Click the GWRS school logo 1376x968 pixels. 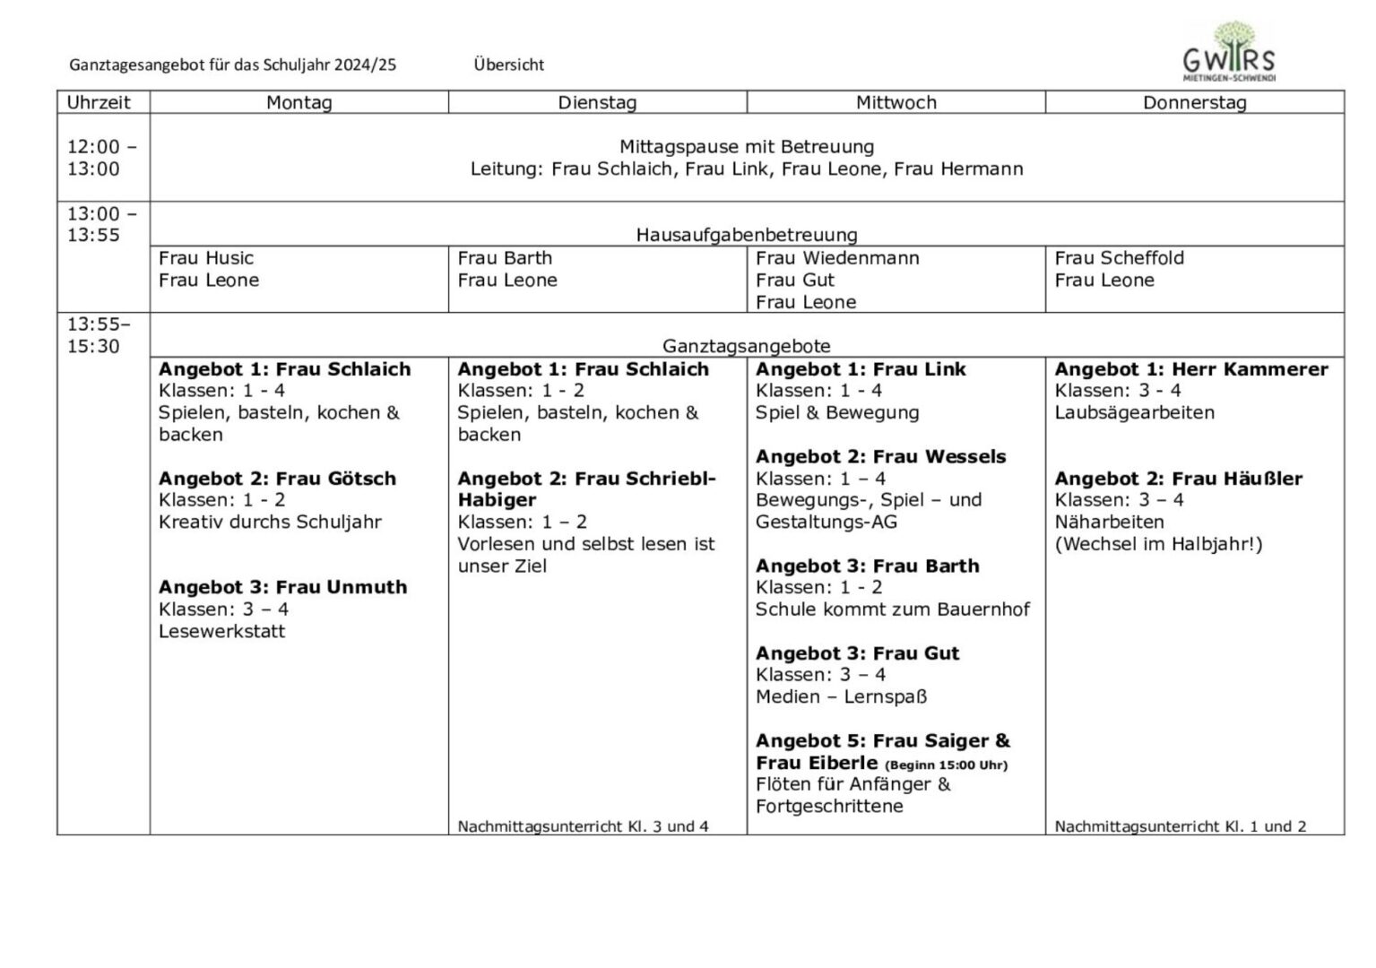1229,52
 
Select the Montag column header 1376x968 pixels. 299,102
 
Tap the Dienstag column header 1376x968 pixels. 597,102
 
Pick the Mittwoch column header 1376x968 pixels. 896,102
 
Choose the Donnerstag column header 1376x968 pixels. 1194,102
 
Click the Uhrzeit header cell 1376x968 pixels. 99,102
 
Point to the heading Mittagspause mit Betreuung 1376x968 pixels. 746,146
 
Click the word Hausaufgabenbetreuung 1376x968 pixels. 746,235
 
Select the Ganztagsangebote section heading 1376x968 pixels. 746,346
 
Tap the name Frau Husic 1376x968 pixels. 206,258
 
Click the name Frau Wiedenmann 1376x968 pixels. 837,258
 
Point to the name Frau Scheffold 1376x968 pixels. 1119,258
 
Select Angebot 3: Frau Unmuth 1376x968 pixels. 282,587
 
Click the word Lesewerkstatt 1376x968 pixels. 221,631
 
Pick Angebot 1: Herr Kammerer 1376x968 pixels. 1190,369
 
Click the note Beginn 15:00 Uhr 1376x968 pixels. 946,765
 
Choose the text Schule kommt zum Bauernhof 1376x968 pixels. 892,609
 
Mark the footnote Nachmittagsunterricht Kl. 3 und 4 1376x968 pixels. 583,826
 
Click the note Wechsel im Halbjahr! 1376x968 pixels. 1158,544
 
